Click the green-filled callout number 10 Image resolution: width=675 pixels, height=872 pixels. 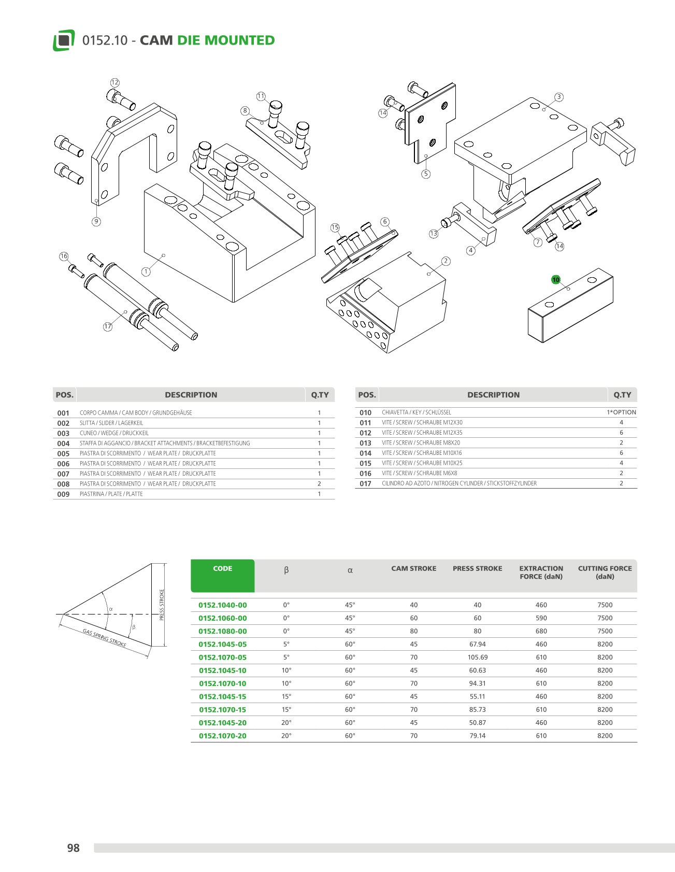tap(556, 280)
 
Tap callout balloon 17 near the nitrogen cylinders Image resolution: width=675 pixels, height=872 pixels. tap(108, 326)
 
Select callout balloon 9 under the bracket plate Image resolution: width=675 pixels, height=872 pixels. tap(96, 222)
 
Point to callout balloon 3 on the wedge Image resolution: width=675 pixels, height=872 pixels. tap(558, 97)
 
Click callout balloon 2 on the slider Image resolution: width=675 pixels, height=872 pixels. tap(446, 261)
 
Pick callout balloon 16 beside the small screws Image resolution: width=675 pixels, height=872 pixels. tap(64, 256)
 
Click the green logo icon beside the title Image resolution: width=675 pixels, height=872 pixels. tap(64, 40)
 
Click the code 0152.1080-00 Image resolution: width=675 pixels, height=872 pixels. tap(223, 631)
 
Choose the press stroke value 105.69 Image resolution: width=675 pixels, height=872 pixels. tap(477, 657)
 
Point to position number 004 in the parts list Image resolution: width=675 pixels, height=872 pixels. tap(63, 444)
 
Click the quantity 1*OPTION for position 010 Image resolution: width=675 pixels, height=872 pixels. tap(621, 412)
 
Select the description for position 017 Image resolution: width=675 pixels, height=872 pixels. tap(459, 483)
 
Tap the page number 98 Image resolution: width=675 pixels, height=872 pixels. tap(74, 848)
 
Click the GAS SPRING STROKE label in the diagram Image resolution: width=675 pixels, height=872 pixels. tap(105, 638)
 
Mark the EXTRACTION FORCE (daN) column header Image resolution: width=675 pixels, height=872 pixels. tap(541, 573)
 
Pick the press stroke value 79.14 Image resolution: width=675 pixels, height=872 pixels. tap(477, 736)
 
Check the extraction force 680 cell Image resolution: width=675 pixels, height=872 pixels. tap(541, 631)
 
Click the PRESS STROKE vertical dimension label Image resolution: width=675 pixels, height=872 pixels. tap(162, 605)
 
